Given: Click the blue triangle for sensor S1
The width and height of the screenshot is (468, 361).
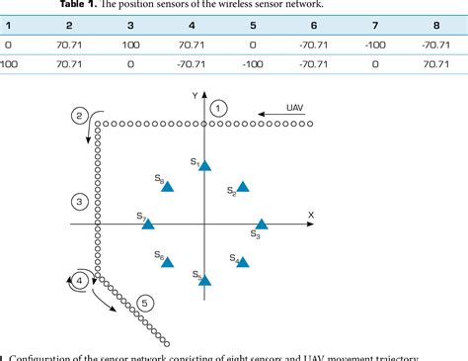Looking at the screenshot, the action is (x=204, y=166).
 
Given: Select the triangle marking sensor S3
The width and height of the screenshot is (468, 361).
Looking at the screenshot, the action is (x=262, y=226).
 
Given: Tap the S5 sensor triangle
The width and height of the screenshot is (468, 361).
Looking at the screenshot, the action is (x=204, y=280).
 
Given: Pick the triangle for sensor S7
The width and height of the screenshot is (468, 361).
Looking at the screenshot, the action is (x=148, y=224).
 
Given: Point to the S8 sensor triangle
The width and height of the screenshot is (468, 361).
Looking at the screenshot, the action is (x=168, y=186).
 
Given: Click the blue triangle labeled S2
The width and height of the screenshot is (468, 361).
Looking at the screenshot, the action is (x=242, y=186).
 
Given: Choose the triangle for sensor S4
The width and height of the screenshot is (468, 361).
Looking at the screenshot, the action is (x=243, y=262).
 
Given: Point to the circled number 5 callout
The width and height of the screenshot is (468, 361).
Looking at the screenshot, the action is (x=146, y=303).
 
